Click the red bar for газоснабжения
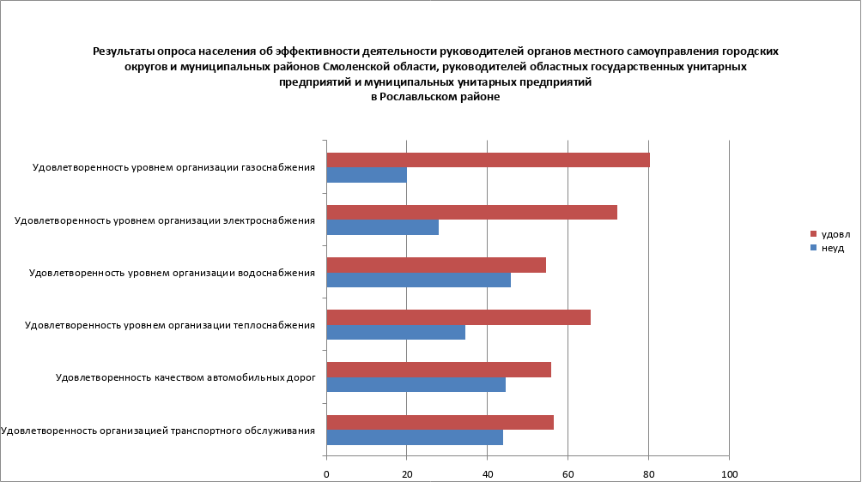point(488,160)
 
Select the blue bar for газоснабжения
point(367,176)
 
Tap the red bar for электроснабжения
point(471,213)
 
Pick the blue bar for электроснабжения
point(383,227)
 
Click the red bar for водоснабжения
point(436,265)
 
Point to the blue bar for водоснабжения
point(419,280)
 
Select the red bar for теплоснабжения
point(458,317)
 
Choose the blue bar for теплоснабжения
point(396,332)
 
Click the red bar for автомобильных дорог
point(439,370)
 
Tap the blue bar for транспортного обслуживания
point(415,437)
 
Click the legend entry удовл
point(835,234)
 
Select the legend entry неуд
point(833,248)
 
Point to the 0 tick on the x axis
point(326,473)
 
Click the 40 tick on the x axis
point(488,473)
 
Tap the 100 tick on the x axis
point(729,473)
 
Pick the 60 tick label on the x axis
point(568,473)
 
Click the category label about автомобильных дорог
point(185,377)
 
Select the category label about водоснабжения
point(173,273)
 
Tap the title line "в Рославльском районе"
point(435,98)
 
